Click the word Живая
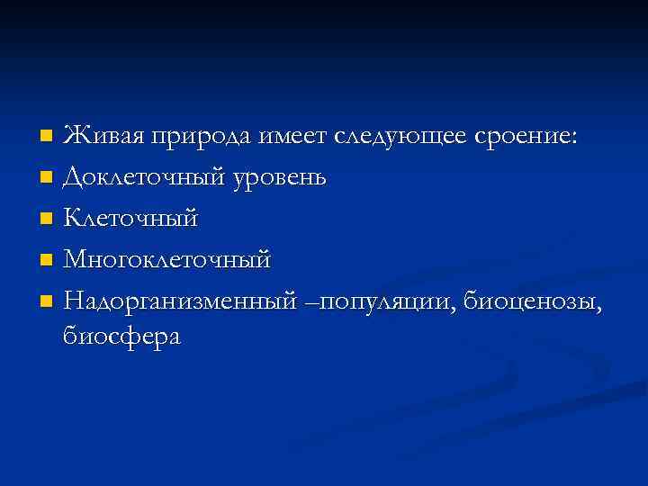pos(104,137)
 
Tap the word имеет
pos(293,137)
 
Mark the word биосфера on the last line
pos(122,337)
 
